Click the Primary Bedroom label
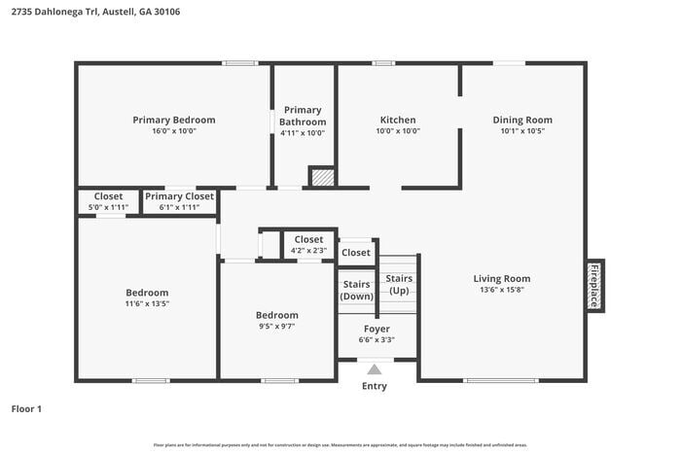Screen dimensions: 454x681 174,120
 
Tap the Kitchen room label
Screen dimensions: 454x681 398,120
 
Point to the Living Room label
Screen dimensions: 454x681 502,278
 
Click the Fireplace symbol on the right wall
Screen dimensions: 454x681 593,286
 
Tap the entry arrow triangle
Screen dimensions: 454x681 375,368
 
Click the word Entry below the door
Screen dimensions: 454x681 375,386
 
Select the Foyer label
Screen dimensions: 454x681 376,329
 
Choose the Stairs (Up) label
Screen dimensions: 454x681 399,284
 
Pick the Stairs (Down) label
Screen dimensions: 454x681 357,290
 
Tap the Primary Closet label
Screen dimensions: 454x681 179,196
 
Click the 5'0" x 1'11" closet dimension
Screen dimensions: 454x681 108,206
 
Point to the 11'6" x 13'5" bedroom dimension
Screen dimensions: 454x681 147,303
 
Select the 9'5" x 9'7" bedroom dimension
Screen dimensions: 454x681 277,327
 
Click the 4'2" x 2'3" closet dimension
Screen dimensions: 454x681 308,250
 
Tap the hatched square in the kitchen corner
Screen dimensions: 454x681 322,176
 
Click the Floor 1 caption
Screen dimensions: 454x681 26,408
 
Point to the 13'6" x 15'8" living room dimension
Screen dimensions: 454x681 502,290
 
